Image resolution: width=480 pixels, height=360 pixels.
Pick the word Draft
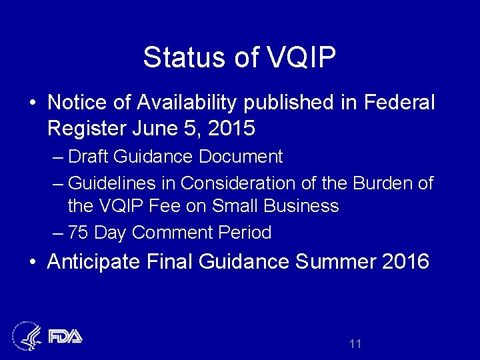89,157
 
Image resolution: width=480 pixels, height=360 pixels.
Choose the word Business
301,205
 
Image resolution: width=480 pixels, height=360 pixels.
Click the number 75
78,233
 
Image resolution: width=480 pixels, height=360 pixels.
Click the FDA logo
65,335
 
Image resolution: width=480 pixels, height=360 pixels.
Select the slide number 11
355,344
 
